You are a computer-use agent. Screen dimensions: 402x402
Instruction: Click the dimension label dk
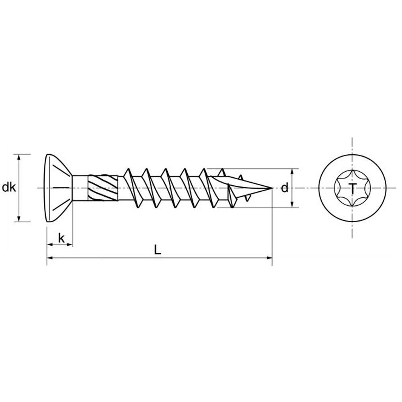[x=9, y=188]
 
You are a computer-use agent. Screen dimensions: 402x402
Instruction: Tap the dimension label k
[x=61, y=238]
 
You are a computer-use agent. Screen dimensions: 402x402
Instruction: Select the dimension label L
[x=158, y=250]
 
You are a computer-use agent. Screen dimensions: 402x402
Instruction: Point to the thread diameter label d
[x=285, y=188]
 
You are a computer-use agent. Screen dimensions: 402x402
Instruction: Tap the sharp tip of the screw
[x=272, y=188]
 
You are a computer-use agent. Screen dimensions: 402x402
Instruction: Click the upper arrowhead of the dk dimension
[x=18, y=157]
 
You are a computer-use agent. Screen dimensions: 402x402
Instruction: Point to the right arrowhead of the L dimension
[x=269, y=258]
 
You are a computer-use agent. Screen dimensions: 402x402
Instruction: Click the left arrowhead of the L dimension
[x=50, y=258]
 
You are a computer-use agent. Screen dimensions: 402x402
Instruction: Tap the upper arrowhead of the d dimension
[x=292, y=172]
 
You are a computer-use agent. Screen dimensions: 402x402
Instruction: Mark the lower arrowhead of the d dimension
[x=292, y=204]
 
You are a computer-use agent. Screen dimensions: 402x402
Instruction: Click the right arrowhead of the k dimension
[x=70, y=245]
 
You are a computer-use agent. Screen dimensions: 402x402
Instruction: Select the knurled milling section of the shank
[x=103, y=188]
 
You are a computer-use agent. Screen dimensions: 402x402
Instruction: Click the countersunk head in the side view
[x=59, y=188]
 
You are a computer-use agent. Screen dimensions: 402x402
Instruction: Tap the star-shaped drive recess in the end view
[x=352, y=188]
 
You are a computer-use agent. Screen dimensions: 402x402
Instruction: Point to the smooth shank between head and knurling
[x=80, y=188]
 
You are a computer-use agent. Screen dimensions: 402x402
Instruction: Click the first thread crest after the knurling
[x=127, y=172]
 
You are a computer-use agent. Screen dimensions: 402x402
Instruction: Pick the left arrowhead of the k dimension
[x=50, y=245]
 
